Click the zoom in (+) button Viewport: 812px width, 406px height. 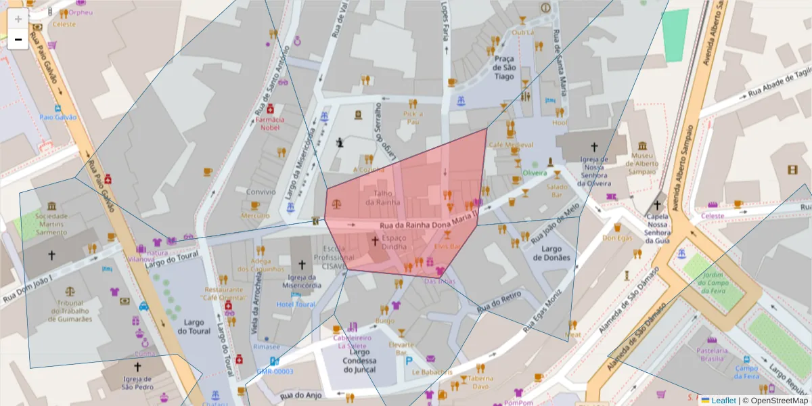click(18, 18)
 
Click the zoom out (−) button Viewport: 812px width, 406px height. click(18, 39)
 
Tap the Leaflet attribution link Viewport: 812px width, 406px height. click(723, 401)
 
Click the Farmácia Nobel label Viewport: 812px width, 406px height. click(269, 123)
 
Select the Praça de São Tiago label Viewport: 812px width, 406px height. click(504, 68)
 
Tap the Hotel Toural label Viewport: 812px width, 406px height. click(296, 304)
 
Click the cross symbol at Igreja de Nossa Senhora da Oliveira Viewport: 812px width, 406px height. click(594, 146)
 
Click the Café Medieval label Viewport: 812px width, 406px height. click(511, 145)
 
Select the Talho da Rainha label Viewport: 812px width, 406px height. click(383, 197)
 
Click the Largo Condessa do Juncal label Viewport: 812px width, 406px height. click(359, 361)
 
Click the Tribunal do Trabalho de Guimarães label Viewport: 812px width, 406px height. click(70, 311)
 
